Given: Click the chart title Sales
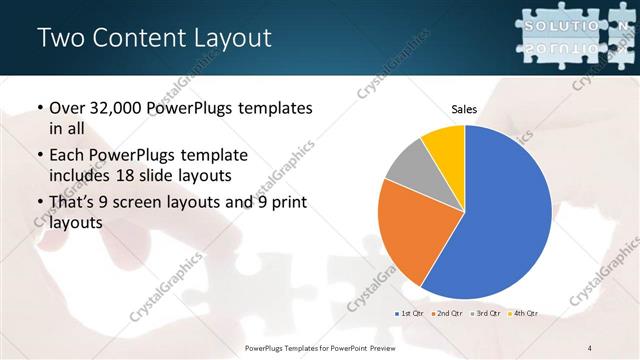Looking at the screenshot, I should [x=464, y=108].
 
